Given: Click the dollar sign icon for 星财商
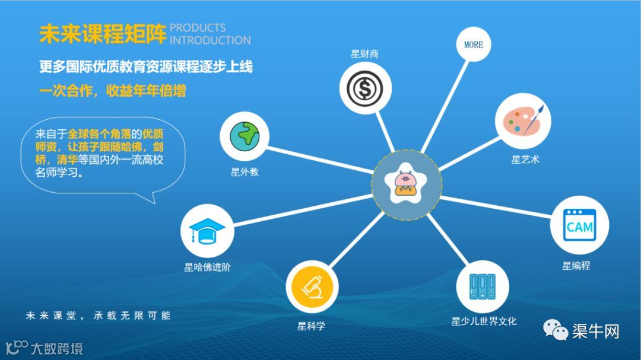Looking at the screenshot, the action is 365,88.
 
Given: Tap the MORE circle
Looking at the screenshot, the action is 474,44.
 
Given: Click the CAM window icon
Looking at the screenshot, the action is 579,225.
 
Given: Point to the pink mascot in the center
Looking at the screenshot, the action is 407,183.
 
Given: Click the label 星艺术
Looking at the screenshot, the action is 525,160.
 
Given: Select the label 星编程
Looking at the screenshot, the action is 576,266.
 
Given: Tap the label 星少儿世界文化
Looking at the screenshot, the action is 484,321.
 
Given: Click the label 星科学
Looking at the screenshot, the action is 311,326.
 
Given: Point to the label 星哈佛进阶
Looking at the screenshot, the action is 207,267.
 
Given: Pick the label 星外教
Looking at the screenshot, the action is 245,173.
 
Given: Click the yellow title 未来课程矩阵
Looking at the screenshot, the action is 103,34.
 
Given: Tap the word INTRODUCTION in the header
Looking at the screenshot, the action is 210,40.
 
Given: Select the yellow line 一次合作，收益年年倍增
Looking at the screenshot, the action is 112,91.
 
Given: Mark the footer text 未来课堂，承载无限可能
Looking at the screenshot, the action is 98,316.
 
